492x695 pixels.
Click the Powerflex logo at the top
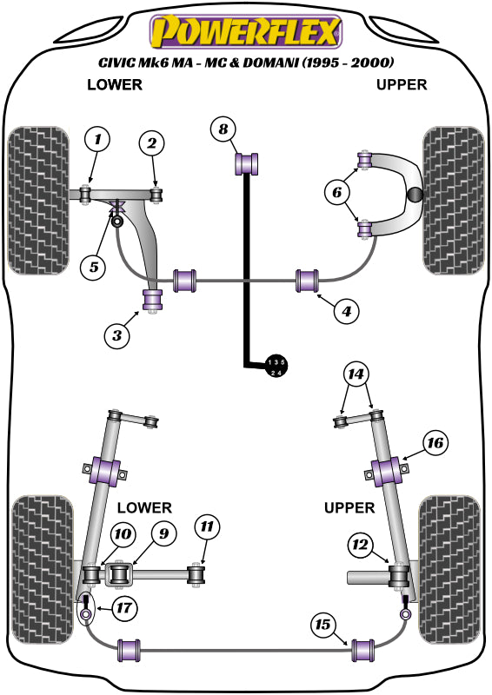(245, 32)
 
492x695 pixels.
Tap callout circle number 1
(98, 138)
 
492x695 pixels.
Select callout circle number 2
(151, 142)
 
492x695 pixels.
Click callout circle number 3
(117, 333)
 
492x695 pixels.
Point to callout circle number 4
(346, 309)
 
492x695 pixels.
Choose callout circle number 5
(93, 267)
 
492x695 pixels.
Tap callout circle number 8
(223, 129)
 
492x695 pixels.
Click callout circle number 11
(208, 526)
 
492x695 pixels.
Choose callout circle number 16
(435, 443)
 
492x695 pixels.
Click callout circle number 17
(124, 608)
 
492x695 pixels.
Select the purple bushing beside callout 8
(249, 162)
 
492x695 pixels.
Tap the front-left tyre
(40, 200)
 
